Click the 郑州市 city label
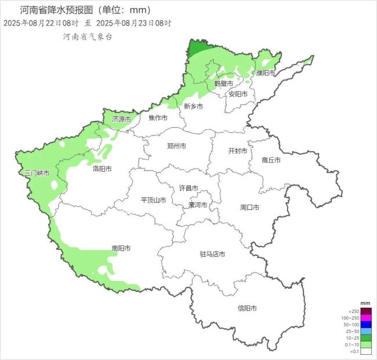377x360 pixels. (176, 146)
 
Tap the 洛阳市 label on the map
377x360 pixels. (102, 169)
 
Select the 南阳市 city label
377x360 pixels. (121, 248)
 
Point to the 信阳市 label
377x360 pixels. (247, 308)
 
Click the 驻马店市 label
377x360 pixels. (212, 254)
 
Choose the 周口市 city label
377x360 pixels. (249, 207)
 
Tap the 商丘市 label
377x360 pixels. (271, 160)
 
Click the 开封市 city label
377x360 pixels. (238, 151)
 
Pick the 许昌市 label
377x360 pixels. (188, 188)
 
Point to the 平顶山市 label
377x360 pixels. (154, 200)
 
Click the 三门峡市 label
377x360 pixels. (36, 173)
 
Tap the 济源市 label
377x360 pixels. (121, 119)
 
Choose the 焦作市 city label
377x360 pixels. (158, 118)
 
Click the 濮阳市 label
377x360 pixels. (266, 73)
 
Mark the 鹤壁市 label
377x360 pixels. (223, 83)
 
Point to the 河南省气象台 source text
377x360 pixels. (88, 36)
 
